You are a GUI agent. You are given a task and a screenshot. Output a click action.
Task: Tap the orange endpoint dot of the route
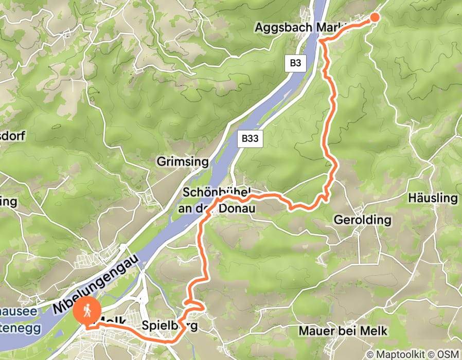coord(375,17)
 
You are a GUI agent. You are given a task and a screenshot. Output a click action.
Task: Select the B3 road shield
coord(295,64)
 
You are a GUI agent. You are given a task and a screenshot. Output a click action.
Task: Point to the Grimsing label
coord(183,163)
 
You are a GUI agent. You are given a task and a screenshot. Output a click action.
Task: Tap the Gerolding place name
coord(363,220)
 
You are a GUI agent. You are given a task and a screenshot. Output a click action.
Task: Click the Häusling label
coord(432,198)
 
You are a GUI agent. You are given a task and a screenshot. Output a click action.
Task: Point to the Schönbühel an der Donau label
coord(216,200)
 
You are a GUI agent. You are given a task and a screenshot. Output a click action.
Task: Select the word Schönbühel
coord(216,192)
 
